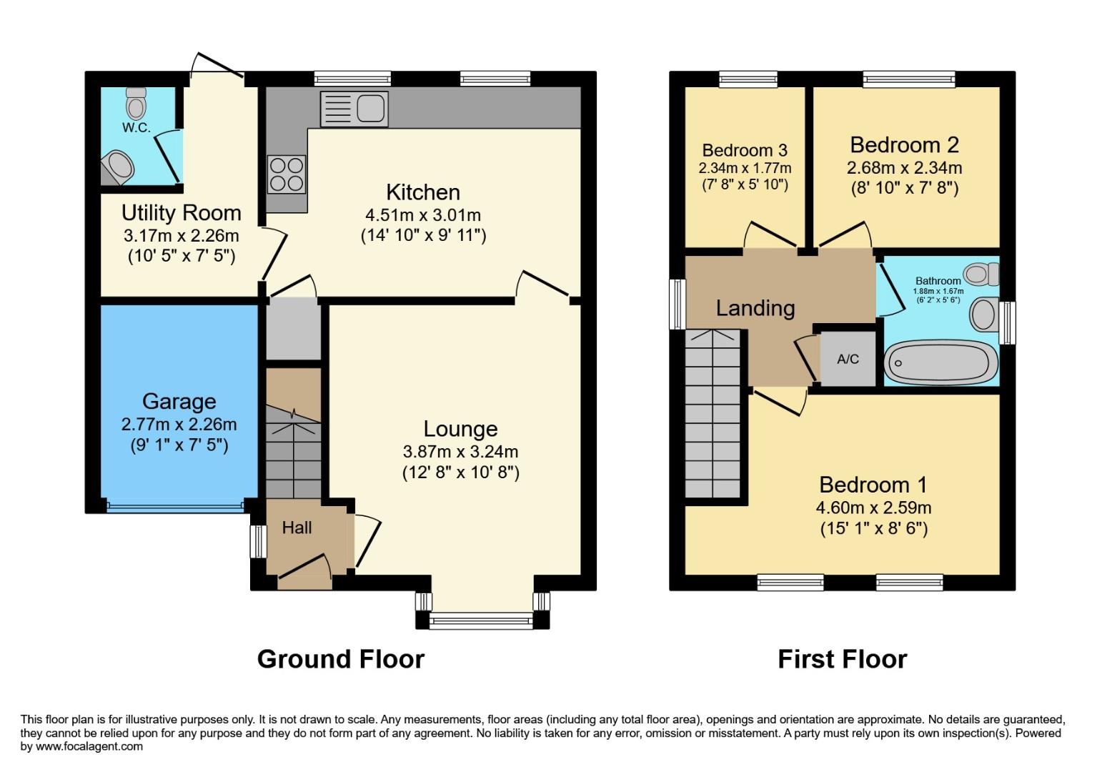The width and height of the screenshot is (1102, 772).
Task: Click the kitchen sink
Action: pyautogui.click(x=354, y=109)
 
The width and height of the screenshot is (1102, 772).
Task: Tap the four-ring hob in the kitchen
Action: pyautogui.click(x=287, y=174)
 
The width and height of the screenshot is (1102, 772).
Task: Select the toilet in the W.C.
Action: pyautogui.click(x=136, y=104)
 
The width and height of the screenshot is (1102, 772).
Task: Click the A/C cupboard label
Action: pyautogui.click(x=848, y=359)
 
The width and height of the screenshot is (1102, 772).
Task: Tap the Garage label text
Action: pyautogui.click(x=179, y=402)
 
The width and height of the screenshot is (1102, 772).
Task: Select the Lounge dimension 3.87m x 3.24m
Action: pyautogui.click(x=460, y=452)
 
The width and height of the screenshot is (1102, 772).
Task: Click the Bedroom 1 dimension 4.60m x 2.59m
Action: pyautogui.click(x=873, y=508)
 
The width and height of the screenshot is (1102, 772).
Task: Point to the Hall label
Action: pyautogui.click(x=297, y=528)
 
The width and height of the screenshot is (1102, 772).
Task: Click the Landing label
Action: pyautogui.click(x=755, y=308)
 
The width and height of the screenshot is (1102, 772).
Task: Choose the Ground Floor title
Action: pyautogui.click(x=340, y=658)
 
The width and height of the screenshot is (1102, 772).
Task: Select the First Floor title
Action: pyautogui.click(x=842, y=658)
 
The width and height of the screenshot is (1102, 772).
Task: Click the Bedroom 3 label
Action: pyautogui.click(x=745, y=150)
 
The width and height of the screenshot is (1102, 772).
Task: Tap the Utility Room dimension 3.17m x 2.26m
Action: pyautogui.click(x=181, y=235)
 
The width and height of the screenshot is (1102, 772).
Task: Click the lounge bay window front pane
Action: pyautogui.click(x=482, y=621)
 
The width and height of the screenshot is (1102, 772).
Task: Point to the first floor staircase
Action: pyautogui.click(x=712, y=415)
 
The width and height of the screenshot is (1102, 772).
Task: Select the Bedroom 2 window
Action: pyautogui.click(x=908, y=79)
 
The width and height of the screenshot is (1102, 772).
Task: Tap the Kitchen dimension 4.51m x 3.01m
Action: pyautogui.click(x=423, y=214)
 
